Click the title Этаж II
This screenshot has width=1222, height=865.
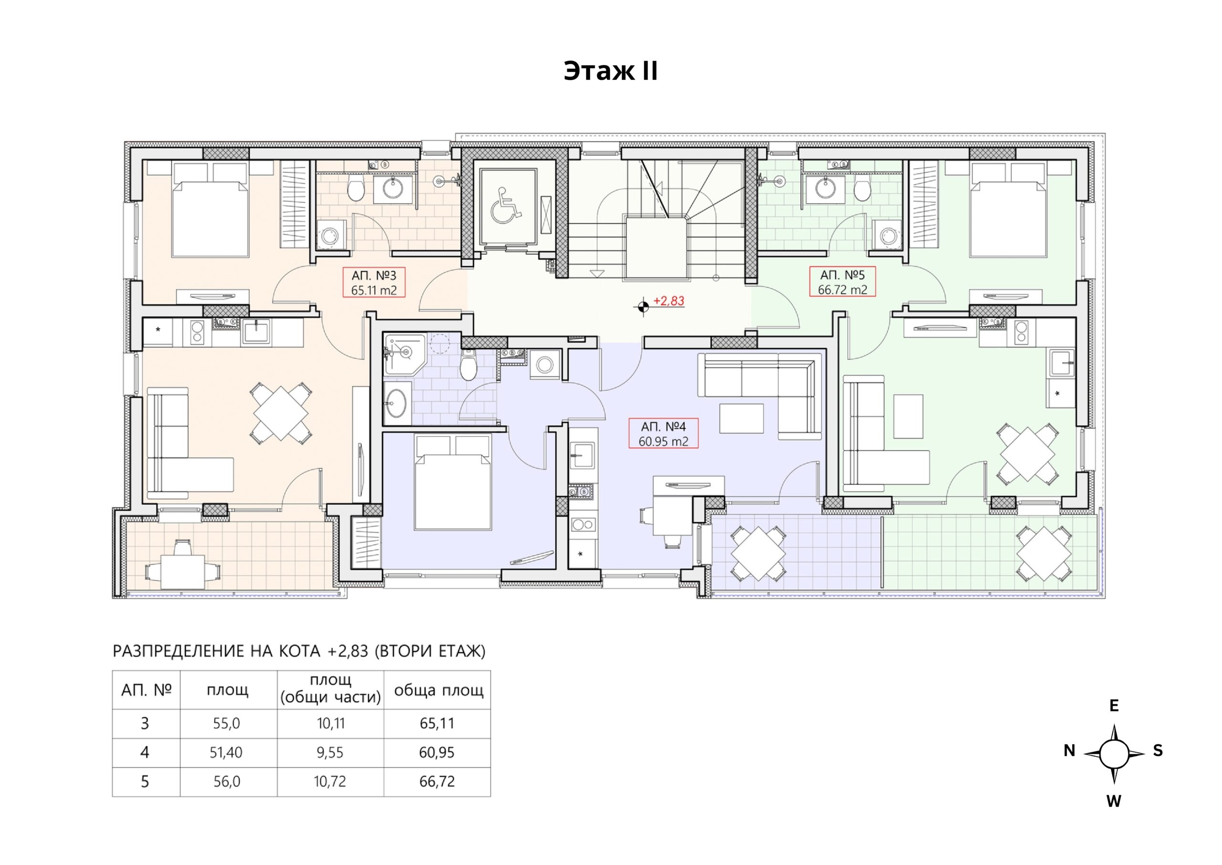click(x=611, y=71)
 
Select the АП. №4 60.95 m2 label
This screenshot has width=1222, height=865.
click(x=664, y=433)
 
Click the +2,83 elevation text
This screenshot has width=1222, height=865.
click(x=669, y=301)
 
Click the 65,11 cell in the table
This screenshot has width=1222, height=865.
click(x=437, y=723)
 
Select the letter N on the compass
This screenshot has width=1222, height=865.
click(x=1069, y=750)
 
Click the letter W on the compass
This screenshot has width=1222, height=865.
click(x=1114, y=801)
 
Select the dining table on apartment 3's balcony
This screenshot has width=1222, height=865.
click(x=183, y=572)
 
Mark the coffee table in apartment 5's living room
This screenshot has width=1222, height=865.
click(x=908, y=416)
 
